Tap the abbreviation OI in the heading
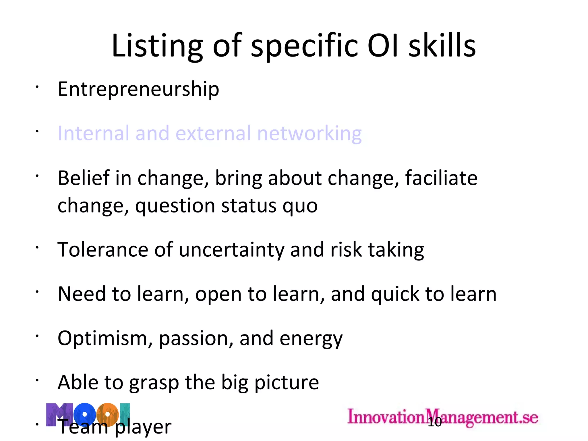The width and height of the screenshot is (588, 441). (x=383, y=46)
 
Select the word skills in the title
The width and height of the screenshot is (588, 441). (x=442, y=46)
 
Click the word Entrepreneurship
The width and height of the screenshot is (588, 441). (x=138, y=89)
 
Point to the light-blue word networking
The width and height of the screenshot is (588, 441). (x=309, y=134)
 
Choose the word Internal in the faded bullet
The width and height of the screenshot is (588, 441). (x=93, y=134)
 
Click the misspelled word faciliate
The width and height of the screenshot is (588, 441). (x=441, y=178)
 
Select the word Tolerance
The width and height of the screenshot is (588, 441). (x=103, y=249)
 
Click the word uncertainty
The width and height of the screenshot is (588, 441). (x=231, y=249)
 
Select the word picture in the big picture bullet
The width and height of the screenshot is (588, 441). (x=287, y=383)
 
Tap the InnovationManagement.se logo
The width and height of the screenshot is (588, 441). (x=443, y=417)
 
